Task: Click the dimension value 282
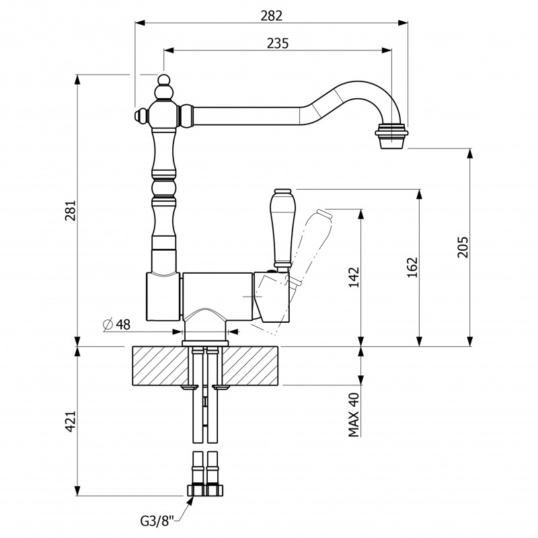pyautogui.click(x=272, y=15)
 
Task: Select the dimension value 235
pyautogui.click(x=278, y=43)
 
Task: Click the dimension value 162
pyautogui.click(x=412, y=268)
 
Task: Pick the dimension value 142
pyautogui.click(x=354, y=278)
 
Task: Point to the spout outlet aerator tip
pyautogui.click(x=392, y=137)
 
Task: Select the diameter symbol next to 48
pyautogui.click(x=108, y=325)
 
